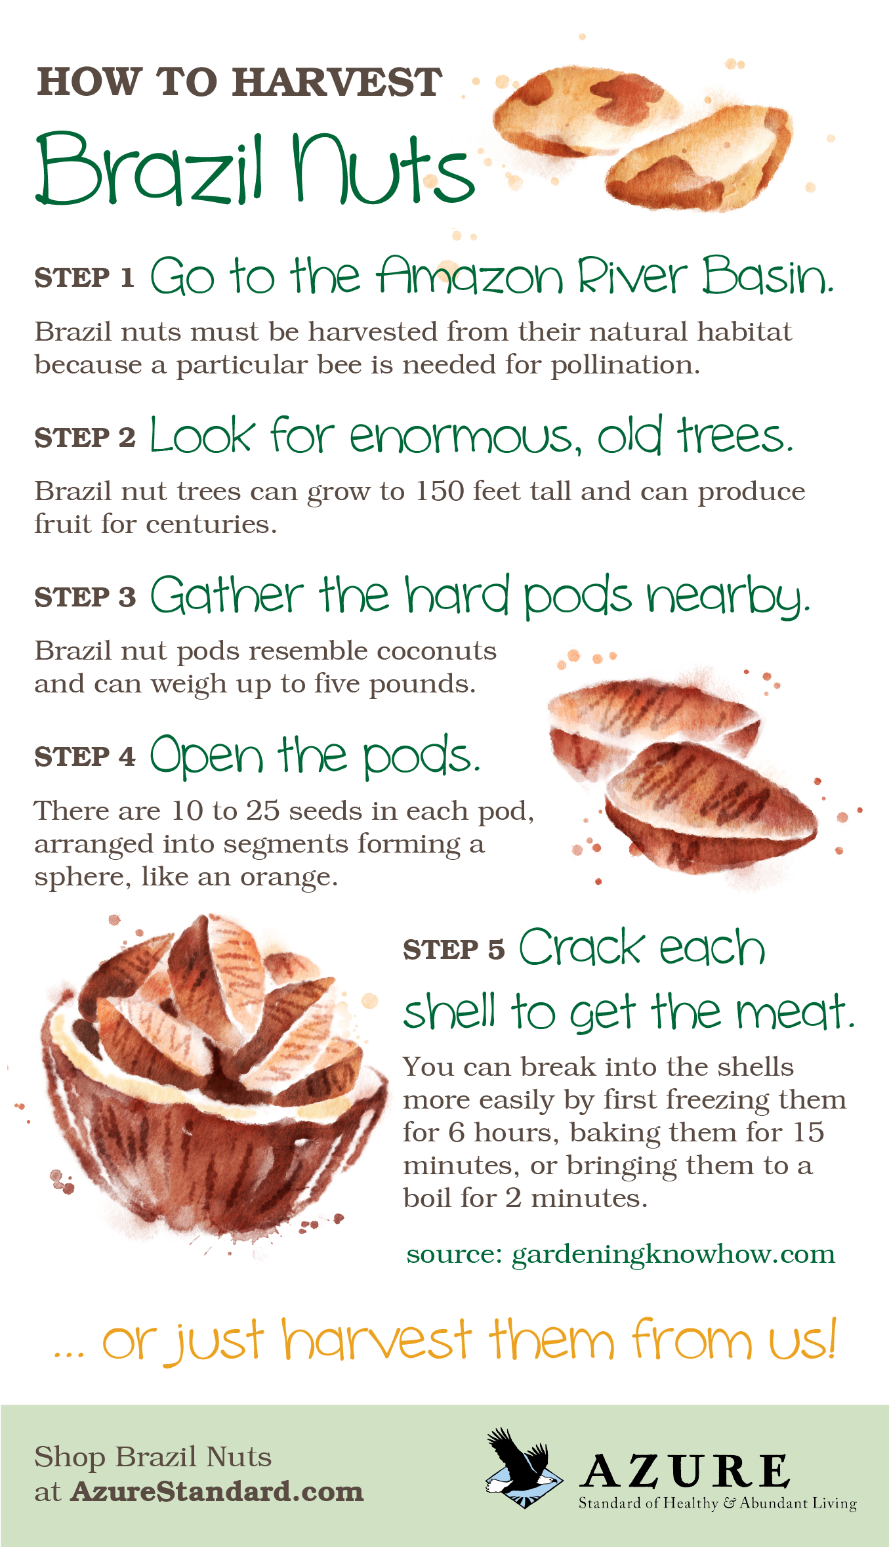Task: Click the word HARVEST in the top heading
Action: pyautogui.click(x=337, y=83)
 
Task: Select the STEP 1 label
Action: pyautogui.click(x=84, y=278)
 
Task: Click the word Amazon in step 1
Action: pyautogui.click(x=469, y=276)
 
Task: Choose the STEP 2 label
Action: pyautogui.click(x=84, y=438)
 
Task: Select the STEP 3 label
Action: pyautogui.click(x=84, y=597)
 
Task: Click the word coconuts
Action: pyautogui.click(x=436, y=651)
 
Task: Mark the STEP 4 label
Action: pyautogui.click(x=84, y=757)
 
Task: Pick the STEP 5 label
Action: pyautogui.click(x=453, y=950)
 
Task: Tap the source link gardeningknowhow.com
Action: pyautogui.click(x=672, y=1254)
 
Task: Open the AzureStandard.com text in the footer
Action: pyautogui.click(x=217, y=1492)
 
